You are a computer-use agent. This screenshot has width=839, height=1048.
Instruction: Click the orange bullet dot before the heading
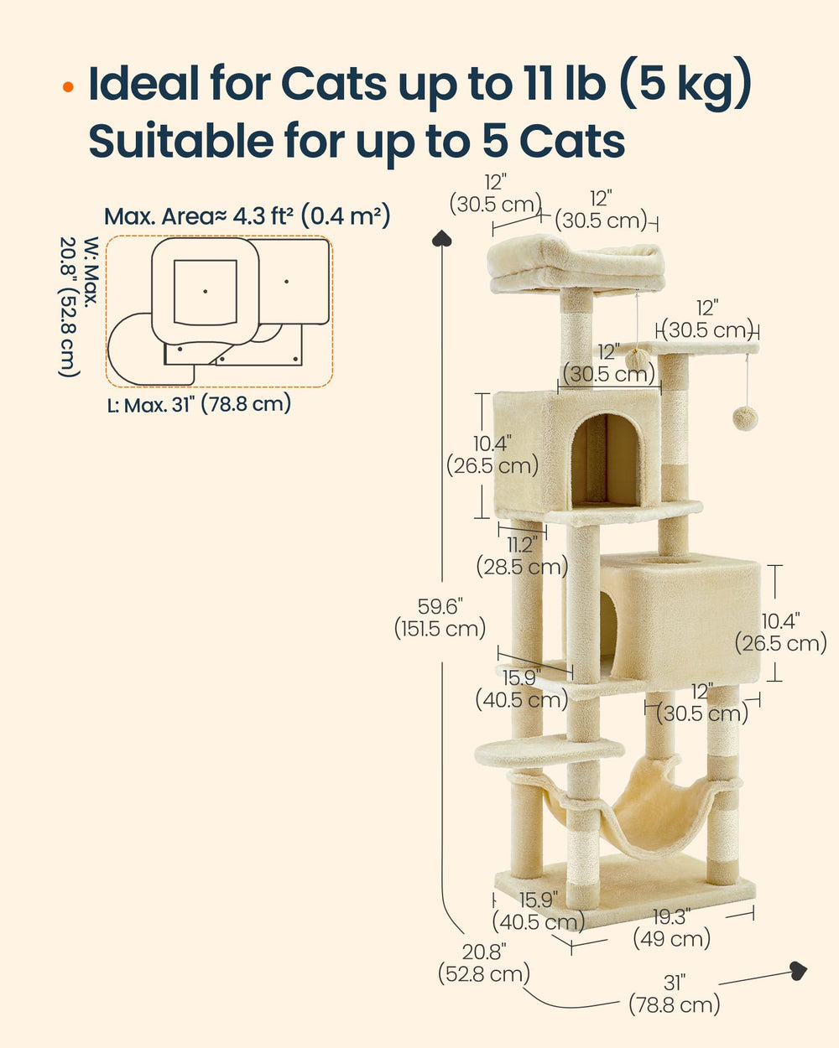pos(68,87)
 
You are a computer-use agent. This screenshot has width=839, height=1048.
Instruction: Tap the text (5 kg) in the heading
pos(686,84)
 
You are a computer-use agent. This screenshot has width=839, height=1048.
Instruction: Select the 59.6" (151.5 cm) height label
pos(440,618)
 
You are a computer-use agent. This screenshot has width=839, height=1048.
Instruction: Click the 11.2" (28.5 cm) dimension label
pos(522,556)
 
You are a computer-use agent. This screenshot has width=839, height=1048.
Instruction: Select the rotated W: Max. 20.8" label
pos(80,307)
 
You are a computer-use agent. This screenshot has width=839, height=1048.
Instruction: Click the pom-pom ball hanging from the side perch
pos(745,418)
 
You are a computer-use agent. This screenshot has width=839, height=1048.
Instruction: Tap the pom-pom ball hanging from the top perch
pos(638,360)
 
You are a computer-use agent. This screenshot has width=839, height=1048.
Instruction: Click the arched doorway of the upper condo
pos(605,459)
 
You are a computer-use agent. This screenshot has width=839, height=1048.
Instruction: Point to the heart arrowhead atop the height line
pos(442,237)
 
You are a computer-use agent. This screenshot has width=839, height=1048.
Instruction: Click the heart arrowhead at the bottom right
pos(799,970)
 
